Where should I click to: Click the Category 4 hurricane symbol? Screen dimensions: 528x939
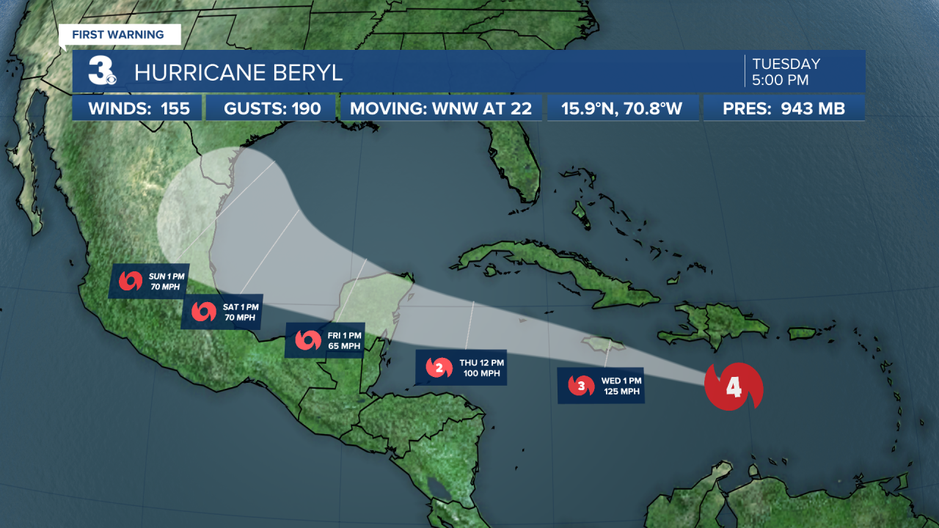tap(734, 386)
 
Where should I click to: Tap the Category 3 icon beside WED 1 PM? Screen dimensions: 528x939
tap(581, 385)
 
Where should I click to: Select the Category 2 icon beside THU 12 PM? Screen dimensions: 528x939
tap(439, 368)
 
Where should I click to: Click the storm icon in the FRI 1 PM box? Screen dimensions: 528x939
tap(308, 340)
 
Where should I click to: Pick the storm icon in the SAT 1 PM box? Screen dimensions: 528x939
tap(204, 312)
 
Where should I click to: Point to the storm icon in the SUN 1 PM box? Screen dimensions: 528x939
tap(131, 281)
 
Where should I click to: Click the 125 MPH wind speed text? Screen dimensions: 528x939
tap(621, 392)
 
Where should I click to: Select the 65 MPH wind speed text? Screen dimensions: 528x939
tap(344, 346)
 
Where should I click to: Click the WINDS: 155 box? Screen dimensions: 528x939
tap(139, 109)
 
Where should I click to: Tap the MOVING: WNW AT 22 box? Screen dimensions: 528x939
tap(440, 109)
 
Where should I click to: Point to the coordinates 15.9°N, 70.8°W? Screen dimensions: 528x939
tap(621, 109)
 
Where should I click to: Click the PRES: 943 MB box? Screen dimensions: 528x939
tap(783, 109)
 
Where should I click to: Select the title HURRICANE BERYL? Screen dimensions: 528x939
tap(238, 73)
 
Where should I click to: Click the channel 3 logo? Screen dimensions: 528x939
tap(101, 71)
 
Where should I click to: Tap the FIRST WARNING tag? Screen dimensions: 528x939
tap(117, 34)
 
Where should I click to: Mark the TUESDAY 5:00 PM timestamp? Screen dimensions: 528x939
tap(786, 71)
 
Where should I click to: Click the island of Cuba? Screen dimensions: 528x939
tap(558, 268)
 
